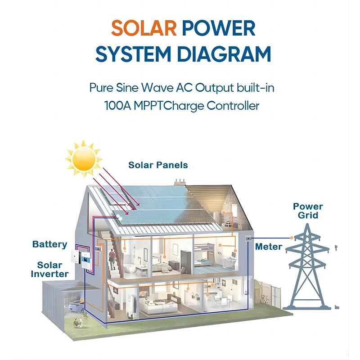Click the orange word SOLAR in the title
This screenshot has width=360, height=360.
coord(144,28)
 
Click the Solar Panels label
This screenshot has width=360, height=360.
coord(158,165)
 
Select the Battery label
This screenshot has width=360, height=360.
coord(49,244)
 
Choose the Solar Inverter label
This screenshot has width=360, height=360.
coord(53,269)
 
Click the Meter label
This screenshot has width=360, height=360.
coord(269,247)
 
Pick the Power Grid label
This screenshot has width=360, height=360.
coord(308,211)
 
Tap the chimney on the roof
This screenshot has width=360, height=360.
coord(180,181)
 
